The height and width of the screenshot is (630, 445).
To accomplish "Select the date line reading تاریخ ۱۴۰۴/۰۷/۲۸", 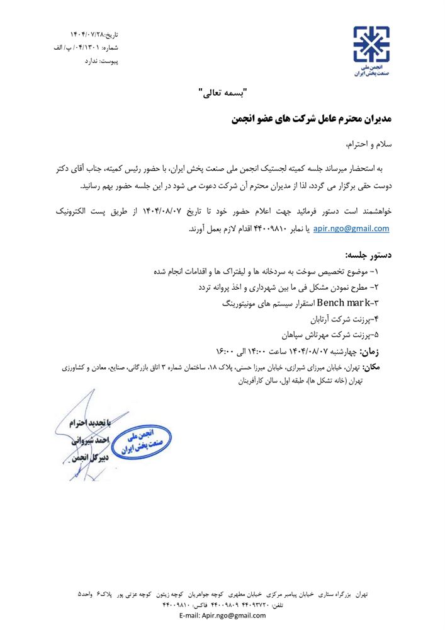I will (94, 33).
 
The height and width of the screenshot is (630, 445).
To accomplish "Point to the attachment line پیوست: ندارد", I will (101, 61).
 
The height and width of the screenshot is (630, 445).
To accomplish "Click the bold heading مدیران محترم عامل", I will (308, 118).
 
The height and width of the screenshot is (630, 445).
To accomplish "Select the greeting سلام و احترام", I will (369, 144).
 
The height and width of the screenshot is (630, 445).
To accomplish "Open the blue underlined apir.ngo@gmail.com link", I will (351, 229).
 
